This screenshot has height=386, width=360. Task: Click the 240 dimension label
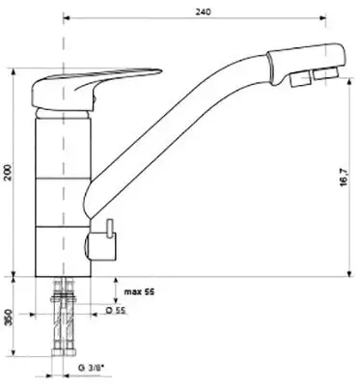click(x=203, y=12)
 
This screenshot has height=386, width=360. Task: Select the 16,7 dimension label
click(x=344, y=177)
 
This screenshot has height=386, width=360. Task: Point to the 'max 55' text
click(x=139, y=291)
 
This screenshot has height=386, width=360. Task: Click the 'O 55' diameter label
click(x=116, y=310)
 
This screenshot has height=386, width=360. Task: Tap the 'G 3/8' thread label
click(x=91, y=368)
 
